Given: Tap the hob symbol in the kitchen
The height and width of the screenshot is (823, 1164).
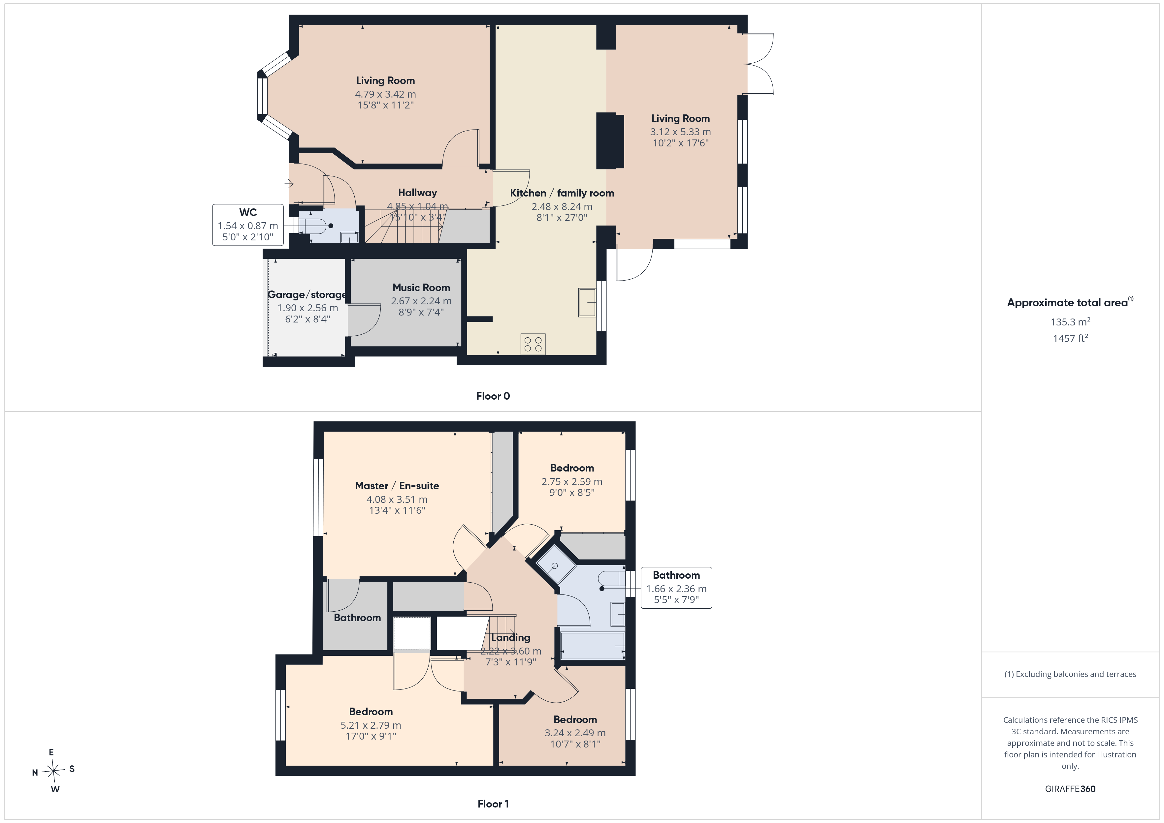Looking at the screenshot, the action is coord(533,344).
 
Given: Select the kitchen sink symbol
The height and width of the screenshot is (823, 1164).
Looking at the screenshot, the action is coord(587,303).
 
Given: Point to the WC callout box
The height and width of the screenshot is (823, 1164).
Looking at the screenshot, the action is coord(248,225).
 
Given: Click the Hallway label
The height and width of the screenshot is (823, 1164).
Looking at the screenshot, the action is coord(417,193).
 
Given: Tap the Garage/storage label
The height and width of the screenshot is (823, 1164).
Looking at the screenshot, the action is coord(307,294).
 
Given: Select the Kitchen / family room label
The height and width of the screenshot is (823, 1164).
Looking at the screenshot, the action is coord(562,193).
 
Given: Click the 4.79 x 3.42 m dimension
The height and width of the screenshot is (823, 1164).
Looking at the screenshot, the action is coord(385,94).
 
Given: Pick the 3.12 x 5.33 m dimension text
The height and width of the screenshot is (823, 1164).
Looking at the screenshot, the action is coord(680,132).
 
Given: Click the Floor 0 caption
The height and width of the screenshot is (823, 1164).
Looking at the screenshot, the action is coord(493,396).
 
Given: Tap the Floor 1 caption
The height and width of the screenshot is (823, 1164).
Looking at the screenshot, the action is coord(493,804).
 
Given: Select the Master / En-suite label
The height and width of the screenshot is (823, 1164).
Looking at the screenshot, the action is coord(397,485).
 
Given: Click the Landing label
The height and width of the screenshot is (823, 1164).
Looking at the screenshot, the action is coord(510,637).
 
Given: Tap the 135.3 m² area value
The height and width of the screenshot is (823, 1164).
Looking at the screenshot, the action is coord(1070,322).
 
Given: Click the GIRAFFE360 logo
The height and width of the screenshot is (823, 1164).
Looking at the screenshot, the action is coord(1070,789).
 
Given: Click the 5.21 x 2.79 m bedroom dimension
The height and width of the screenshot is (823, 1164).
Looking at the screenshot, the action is coord(371,725).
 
